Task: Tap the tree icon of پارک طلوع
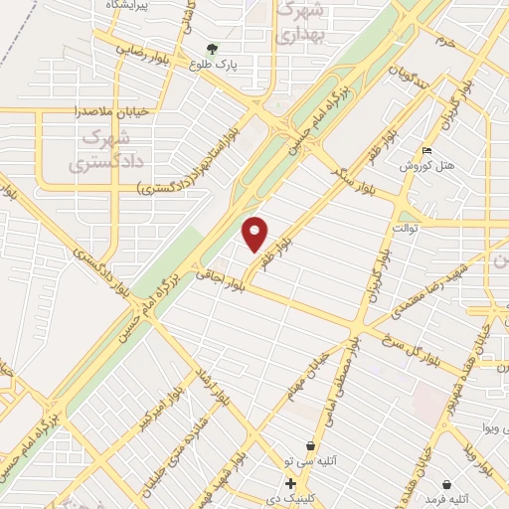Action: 212,48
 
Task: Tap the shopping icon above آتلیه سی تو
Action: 312,445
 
